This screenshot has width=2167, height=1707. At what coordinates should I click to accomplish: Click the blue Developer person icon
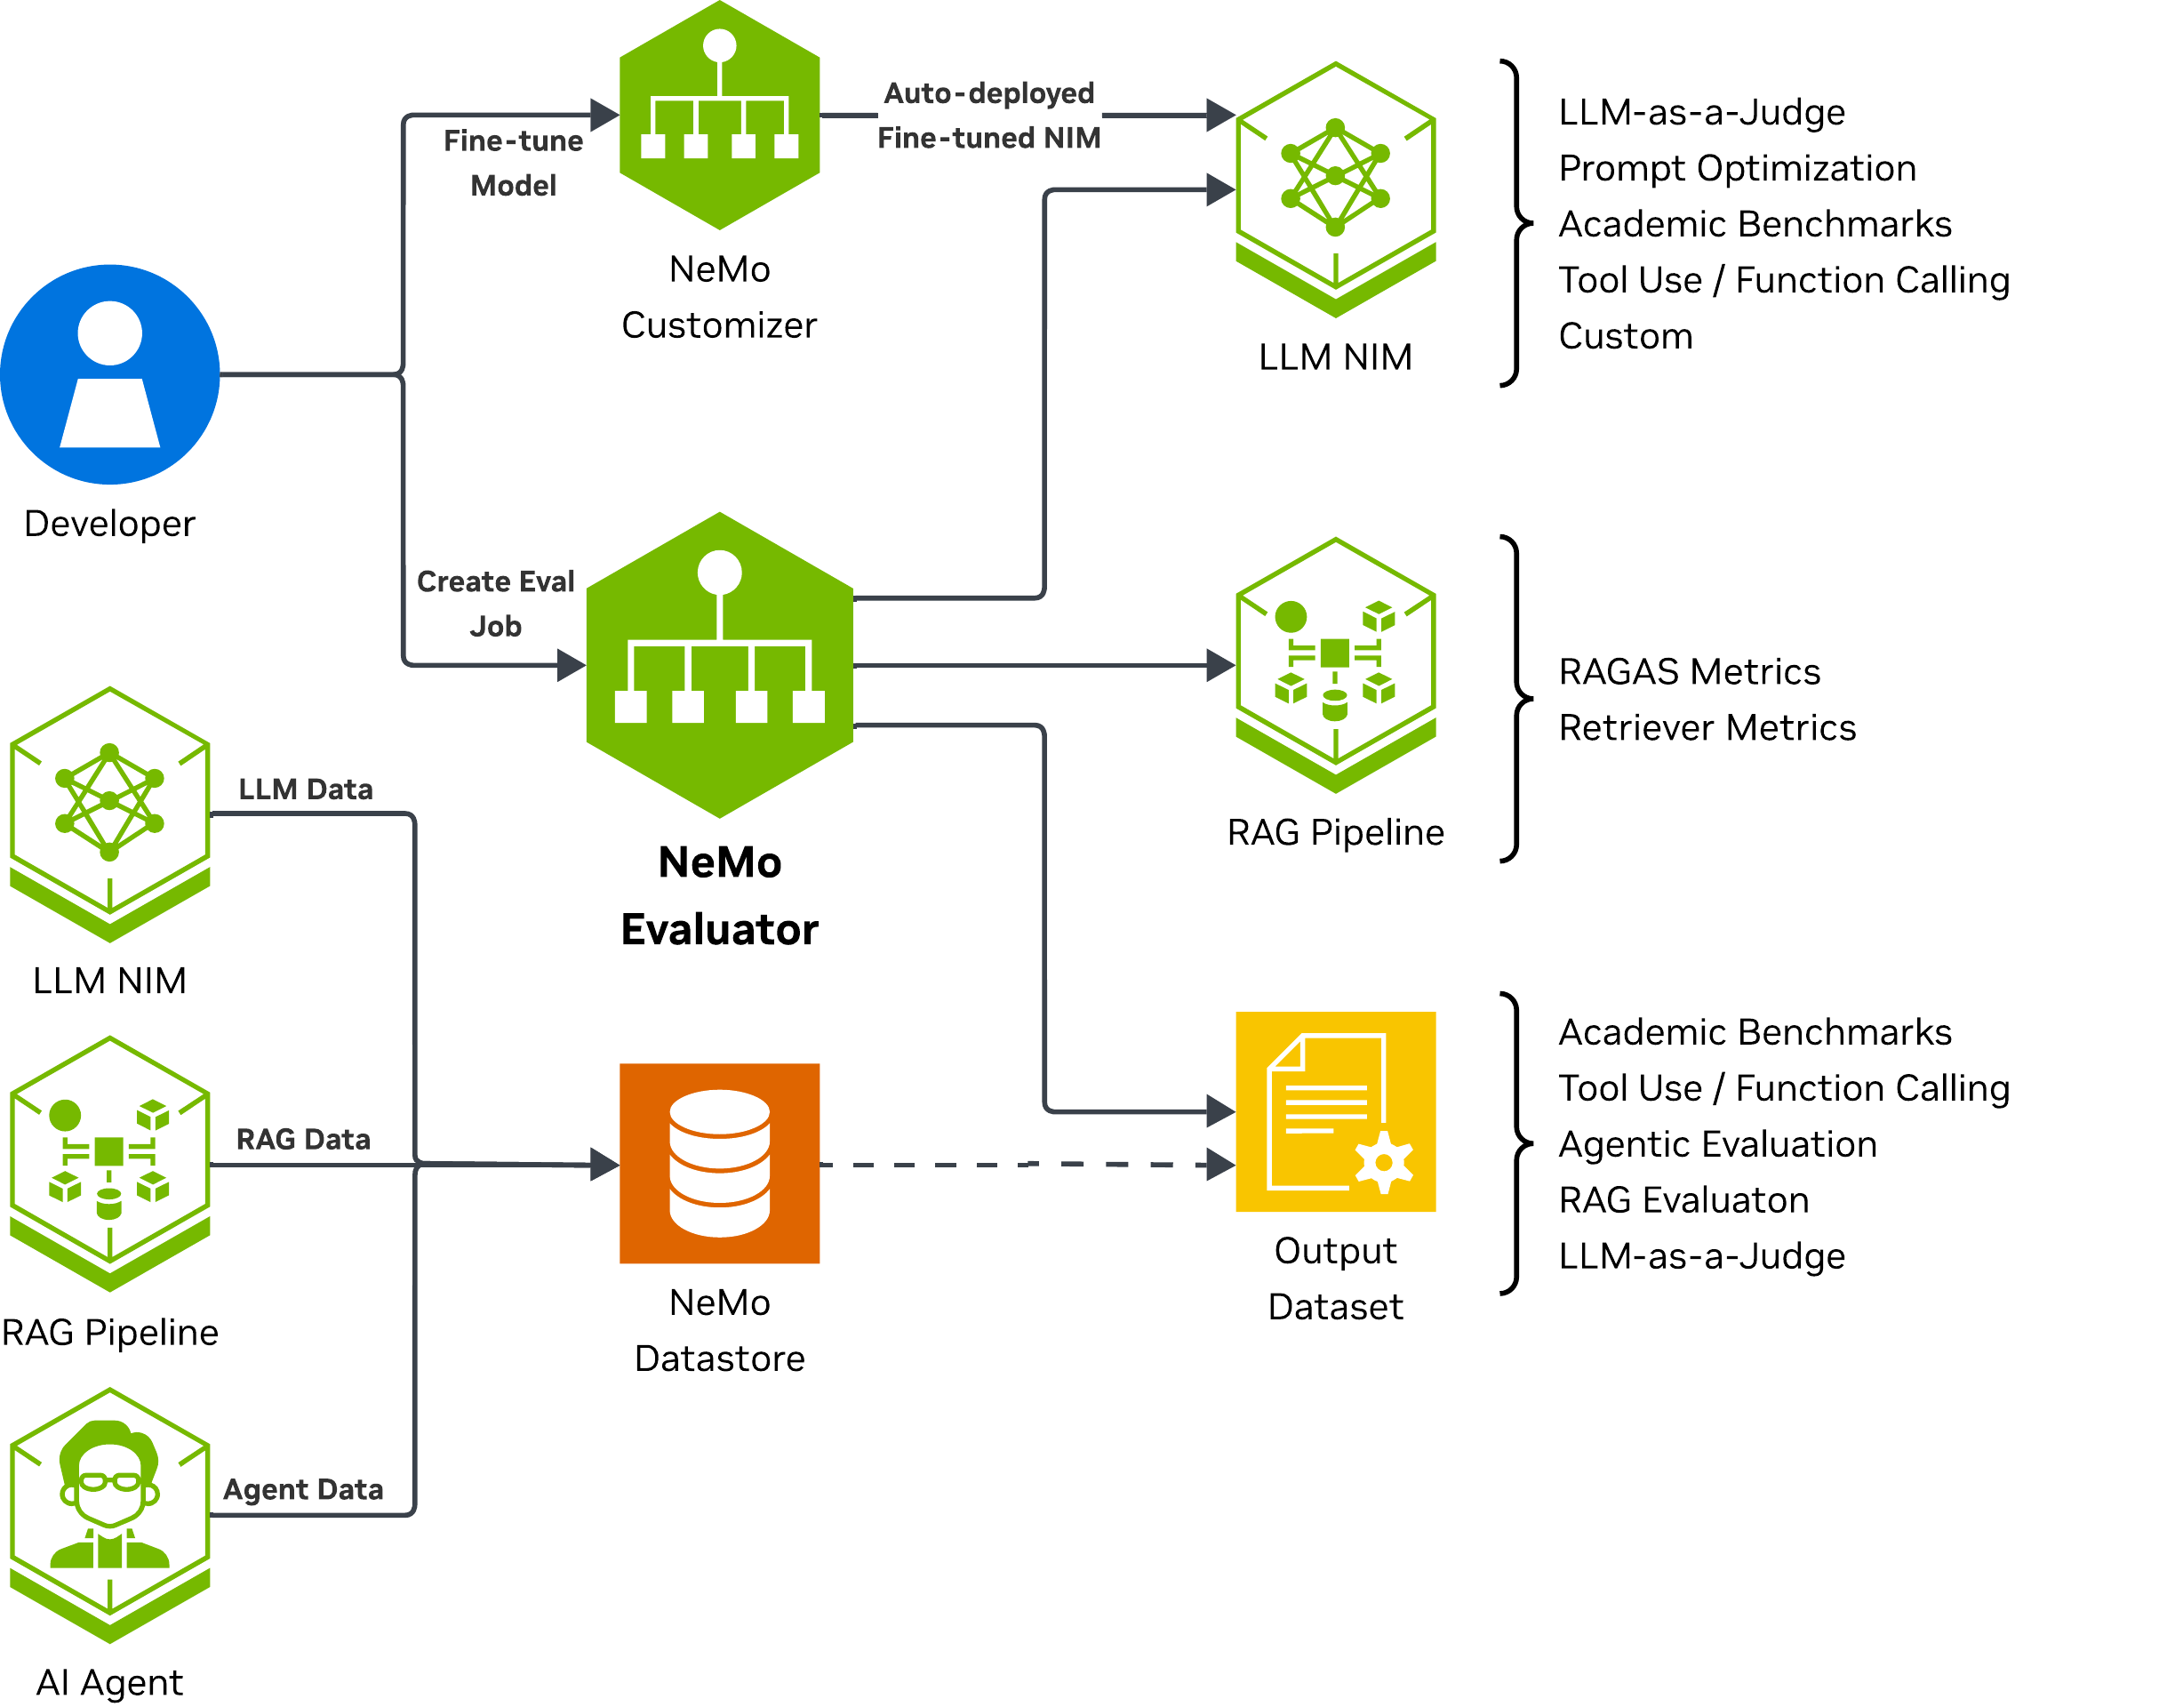[110, 375]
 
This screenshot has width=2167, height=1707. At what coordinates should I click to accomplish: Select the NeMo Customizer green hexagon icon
[719, 115]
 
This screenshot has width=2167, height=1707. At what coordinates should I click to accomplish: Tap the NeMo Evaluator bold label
[719, 895]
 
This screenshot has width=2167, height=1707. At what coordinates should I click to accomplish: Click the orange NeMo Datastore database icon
[719, 1163]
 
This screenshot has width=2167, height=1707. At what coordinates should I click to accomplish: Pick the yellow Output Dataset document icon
[1336, 1111]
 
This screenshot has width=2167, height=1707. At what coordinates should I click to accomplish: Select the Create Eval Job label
[496, 604]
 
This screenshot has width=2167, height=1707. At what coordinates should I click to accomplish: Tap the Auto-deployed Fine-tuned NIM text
[989, 115]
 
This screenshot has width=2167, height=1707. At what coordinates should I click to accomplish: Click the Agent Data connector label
[304, 1489]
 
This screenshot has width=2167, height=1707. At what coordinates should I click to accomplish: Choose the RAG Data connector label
[304, 1139]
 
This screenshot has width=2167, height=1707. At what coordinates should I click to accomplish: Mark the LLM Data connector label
[306, 789]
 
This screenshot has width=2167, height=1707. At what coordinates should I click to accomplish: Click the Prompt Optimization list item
[1738, 168]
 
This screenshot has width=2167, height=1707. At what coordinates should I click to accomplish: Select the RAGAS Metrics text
[1690, 671]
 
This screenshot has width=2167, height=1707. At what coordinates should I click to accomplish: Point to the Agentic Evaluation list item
[1717, 1144]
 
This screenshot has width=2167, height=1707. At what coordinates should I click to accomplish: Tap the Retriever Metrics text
[1707, 727]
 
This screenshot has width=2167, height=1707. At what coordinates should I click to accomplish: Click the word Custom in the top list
[1626, 336]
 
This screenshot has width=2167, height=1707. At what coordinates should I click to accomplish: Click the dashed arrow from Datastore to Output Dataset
[1029, 1165]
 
